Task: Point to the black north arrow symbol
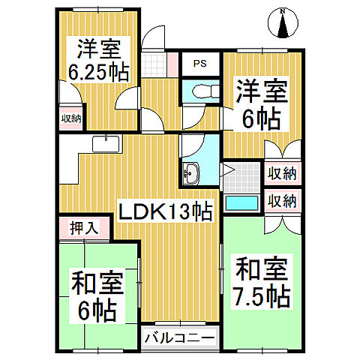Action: coord(283,28)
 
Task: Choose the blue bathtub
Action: coord(241,202)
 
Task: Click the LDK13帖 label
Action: coord(166,211)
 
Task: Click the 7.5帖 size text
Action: coord(261,296)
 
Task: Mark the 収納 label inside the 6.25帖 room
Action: coord(72,118)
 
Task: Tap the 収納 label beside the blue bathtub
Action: coord(282,201)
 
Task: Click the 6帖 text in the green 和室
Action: coord(98,308)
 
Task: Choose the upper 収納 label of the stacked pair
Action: coord(282,174)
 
